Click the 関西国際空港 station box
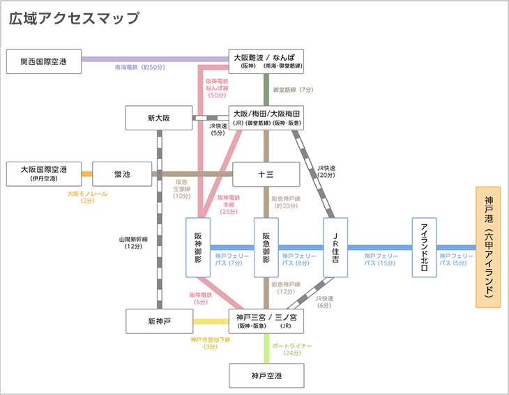(x=43, y=61)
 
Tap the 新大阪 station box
(x=159, y=118)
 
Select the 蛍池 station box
(x=122, y=173)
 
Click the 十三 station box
(x=266, y=174)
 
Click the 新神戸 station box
(x=159, y=321)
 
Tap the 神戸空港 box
(x=266, y=376)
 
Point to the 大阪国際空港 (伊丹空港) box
(x=43, y=173)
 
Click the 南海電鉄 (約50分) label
(x=139, y=68)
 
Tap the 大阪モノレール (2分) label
(x=87, y=197)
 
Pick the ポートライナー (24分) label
(x=292, y=349)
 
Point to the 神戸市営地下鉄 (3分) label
(x=210, y=343)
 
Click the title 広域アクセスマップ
(x=73, y=19)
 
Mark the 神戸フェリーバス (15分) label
(x=381, y=260)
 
